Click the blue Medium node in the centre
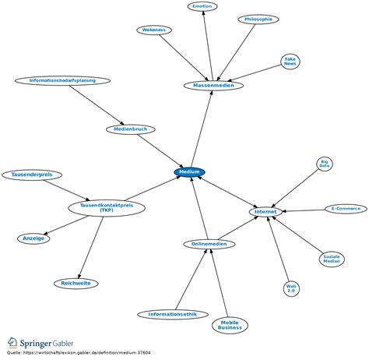pyautogui.click(x=190, y=172)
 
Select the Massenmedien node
pyautogui.click(x=213, y=86)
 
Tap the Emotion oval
pyautogui.click(x=202, y=6)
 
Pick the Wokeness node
pyautogui.click(x=154, y=30)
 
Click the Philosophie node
pyautogui.click(x=258, y=19)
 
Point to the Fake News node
pyautogui.click(x=290, y=62)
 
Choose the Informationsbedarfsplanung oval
pyautogui.click(x=62, y=80)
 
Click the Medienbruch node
pyautogui.click(x=131, y=129)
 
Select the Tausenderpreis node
pyautogui.click(x=32, y=175)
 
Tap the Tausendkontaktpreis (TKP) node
pyautogui.click(x=107, y=208)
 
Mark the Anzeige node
pyautogui.click(x=33, y=238)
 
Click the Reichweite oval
pyautogui.click(x=76, y=284)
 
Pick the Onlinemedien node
pyautogui.click(x=209, y=244)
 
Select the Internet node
pyautogui.click(x=265, y=212)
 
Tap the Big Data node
pyautogui.click(x=325, y=164)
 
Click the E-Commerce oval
pyautogui.click(x=346, y=209)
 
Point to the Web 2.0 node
pyautogui.click(x=291, y=288)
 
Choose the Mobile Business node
pyautogui.click(x=230, y=325)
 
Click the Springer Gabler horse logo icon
pyautogui.click(x=12, y=343)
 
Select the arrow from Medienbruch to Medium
pyautogui.click(x=160, y=150)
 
